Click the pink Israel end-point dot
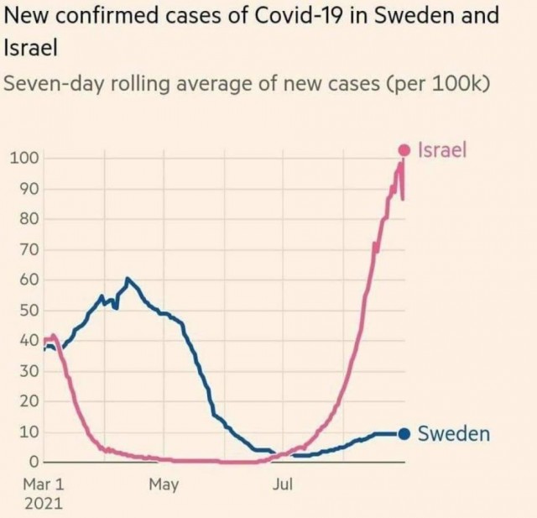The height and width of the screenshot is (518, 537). pyautogui.click(x=404, y=149)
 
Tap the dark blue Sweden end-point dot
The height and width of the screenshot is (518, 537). pyautogui.click(x=404, y=434)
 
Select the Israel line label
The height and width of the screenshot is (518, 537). pyautogui.click(x=442, y=149)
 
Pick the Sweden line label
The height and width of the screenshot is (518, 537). pyautogui.click(x=454, y=434)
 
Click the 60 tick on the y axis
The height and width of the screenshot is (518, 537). pyautogui.click(x=29, y=280)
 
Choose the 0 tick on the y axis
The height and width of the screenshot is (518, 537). pyautogui.click(x=34, y=463)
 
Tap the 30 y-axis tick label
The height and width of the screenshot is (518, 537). pyautogui.click(x=29, y=371)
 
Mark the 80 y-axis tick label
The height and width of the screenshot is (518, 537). pyautogui.click(x=29, y=219)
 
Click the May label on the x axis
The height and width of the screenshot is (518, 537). pyautogui.click(x=164, y=485)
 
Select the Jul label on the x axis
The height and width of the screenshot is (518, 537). pyautogui.click(x=283, y=484)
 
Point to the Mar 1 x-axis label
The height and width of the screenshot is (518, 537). pyautogui.click(x=44, y=484)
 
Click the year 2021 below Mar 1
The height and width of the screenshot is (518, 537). pyautogui.click(x=44, y=504)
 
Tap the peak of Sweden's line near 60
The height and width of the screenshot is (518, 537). pyautogui.click(x=128, y=279)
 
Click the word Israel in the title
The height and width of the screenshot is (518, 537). pyautogui.click(x=30, y=48)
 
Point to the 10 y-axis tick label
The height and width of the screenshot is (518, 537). pyautogui.click(x=29, y=432)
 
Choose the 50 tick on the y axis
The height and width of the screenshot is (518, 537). pyautogui.click(x=29, y=311)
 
